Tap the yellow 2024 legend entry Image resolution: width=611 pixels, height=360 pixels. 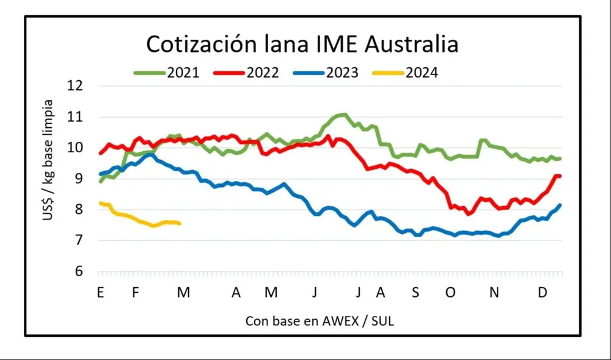coord(422,73)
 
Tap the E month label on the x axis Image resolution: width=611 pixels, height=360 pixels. coord(100,293)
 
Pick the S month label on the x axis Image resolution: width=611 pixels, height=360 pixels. coord(415,293)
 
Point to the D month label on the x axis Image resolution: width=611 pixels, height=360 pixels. coord(542,293)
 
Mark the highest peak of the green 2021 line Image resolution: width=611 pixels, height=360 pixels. coord(344,114)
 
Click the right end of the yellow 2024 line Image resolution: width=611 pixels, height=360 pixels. coord(179,224)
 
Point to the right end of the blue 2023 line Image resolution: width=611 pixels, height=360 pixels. coord(560,205)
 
